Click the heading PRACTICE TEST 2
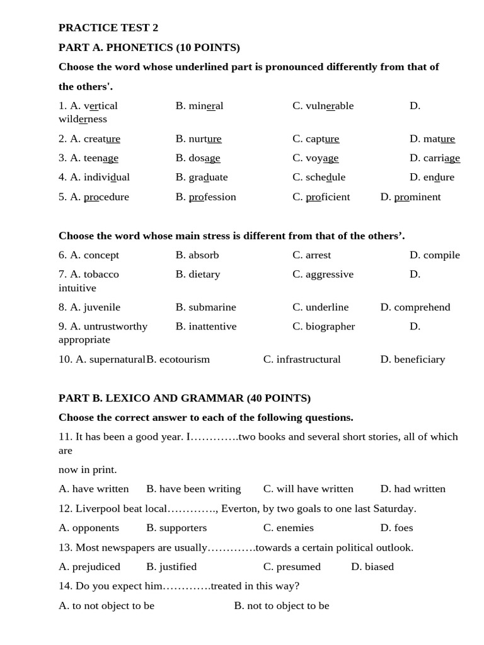108,28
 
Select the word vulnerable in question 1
330,106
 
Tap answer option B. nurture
199,139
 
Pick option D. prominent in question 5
410,197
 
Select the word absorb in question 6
204,255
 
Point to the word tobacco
101,274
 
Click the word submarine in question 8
212,307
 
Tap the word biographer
330,326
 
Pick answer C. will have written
308,489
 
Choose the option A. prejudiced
89,566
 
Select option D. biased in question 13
372,566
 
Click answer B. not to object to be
282,605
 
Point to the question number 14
65,586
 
